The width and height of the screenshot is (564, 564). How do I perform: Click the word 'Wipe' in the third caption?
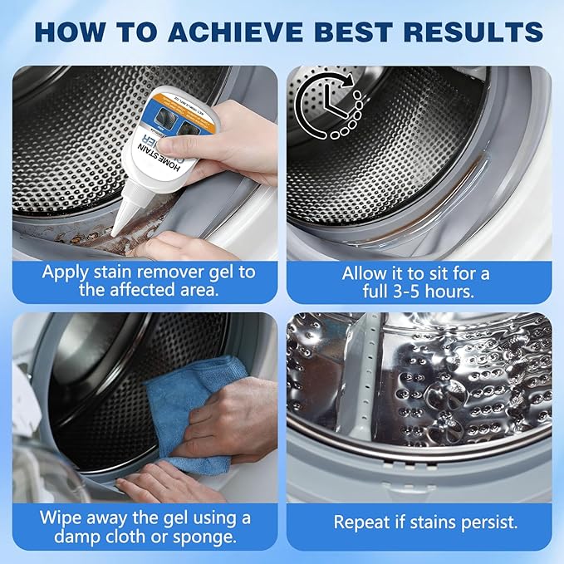(x=61, y=517)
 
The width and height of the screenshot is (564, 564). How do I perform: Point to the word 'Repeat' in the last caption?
(x=364, y=522)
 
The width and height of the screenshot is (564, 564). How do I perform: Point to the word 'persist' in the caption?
(x=483, y=522)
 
